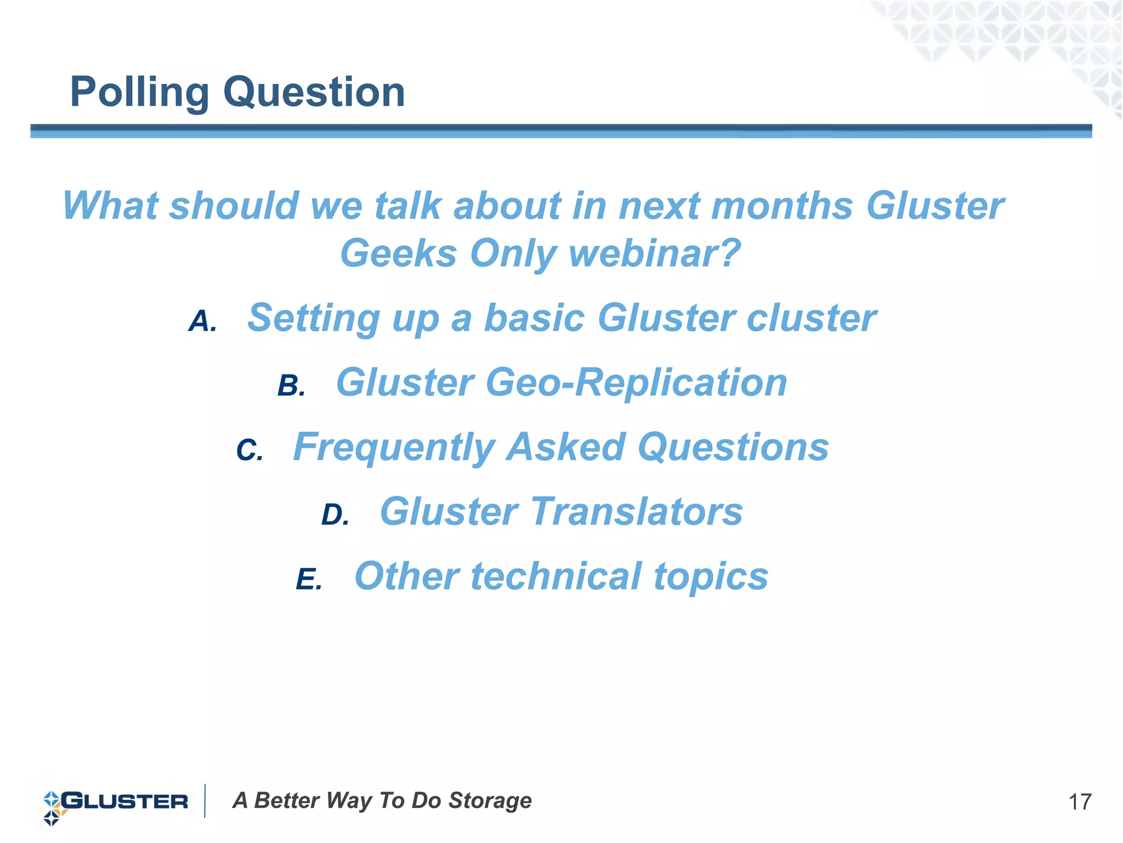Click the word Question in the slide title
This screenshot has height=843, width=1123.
pyautogui.click(x=314, y=92)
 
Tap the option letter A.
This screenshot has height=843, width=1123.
pyautogui.click(x=202, y=321)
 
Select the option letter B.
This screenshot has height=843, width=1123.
pyautogui.click(x=291, y=386)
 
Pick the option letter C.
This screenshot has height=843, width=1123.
pyautogui.click(x=249, y=450)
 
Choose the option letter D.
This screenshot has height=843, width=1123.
pyautogui.click(x=335, y=515)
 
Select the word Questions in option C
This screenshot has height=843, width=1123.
pyautogui.click(x=733, y=447)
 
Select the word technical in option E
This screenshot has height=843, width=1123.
pyautogui.click(x=556, y=576)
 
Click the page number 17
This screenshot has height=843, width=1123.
pyautogui.click(x=1080, y=802)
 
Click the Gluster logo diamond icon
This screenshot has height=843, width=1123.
pyautogui.click(x=53, y=808)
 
